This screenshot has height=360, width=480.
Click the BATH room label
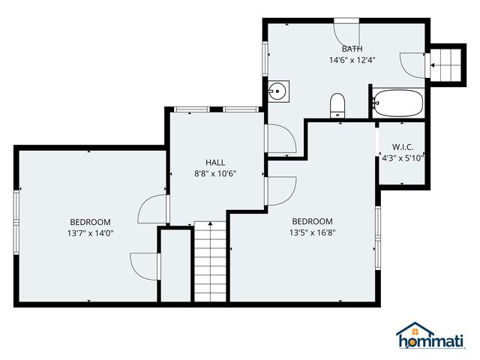point(352,49)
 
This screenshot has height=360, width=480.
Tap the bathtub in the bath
point(397,103)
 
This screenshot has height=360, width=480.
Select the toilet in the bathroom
point(337,105)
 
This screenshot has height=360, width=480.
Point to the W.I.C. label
point(403,147)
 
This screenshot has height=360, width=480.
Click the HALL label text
point(215,163)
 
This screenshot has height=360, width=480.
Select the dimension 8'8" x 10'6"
point(215,174)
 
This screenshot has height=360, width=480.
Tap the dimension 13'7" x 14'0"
point(90,233)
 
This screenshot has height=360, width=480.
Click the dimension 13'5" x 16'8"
point(313,232)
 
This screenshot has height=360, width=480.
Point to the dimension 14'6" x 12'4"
point(352,60)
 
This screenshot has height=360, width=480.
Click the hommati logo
point(430,335)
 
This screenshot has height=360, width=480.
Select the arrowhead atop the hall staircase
point(210,223)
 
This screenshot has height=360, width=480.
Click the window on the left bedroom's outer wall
point(16,222)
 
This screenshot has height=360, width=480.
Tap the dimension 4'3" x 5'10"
point(403,158)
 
